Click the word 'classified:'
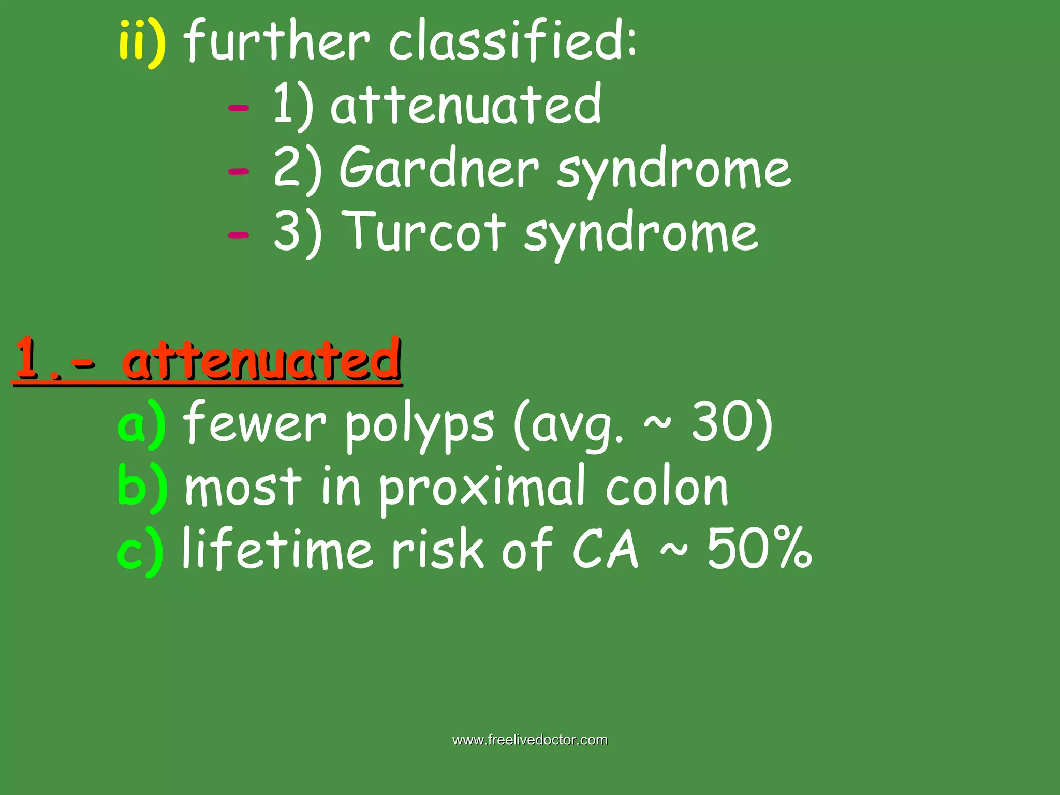point(512,41)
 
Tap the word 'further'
point(277,41)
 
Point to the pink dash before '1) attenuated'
point(239,108)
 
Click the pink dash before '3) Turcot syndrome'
point(239,235)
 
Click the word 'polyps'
point(419,425)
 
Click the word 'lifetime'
point(277,549)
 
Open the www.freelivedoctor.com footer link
point(530,740)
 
